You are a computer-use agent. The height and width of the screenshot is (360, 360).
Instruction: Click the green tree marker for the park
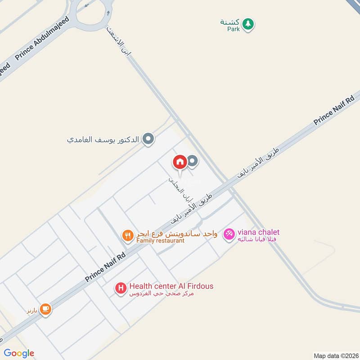coord(247,24)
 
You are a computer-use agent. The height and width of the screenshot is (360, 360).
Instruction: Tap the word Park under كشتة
coord(233,28)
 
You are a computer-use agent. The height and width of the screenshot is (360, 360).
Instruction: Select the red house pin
coord(180,162)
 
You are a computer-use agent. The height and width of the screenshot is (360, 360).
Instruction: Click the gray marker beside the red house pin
coord(193,161)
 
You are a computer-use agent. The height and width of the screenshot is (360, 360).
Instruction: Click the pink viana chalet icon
coord(229,234)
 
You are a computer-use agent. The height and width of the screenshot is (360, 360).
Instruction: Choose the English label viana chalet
coord(259,232)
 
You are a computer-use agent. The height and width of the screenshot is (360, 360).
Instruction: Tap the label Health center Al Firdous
coord(171,286)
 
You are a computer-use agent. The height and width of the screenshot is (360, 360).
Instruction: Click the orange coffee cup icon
coord(45,309)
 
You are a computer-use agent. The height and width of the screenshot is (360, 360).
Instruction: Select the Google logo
coord(19,353)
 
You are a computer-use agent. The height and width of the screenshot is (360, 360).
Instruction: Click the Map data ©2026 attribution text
coord(336,355)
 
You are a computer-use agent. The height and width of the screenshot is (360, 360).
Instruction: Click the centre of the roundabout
coord(92,10)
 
